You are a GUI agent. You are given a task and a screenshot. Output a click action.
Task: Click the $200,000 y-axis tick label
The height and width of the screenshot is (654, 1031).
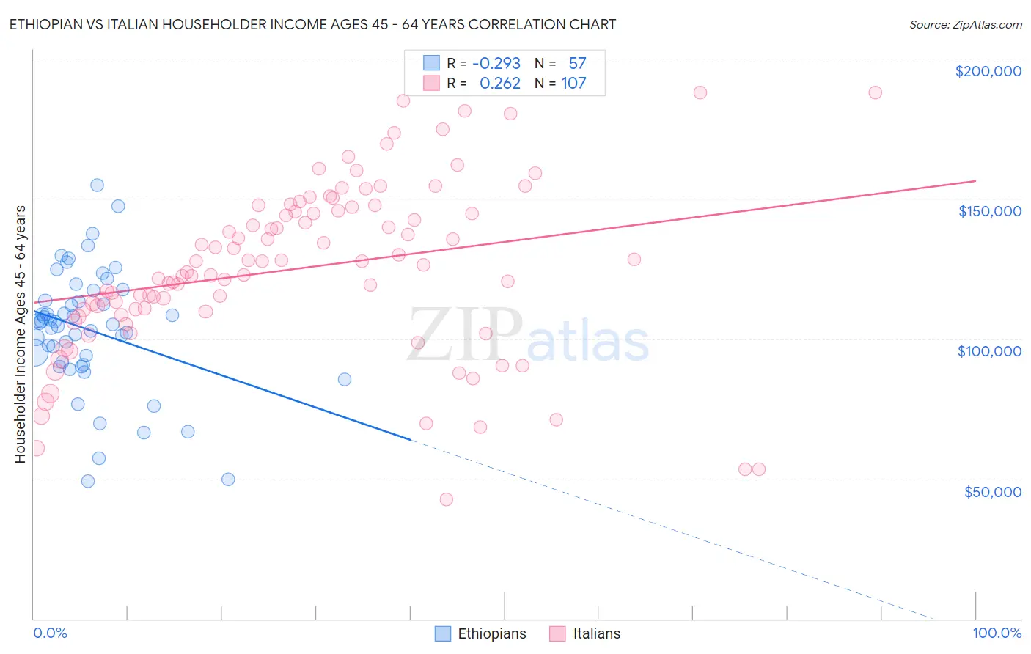pos(988,71)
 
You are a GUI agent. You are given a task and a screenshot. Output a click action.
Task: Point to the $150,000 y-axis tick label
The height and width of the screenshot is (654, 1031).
pos(989,211)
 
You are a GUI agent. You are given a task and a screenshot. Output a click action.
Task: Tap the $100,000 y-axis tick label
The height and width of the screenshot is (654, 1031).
pos(989,351)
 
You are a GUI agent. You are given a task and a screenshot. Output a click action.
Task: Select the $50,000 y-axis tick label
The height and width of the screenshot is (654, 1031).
pos(992,492)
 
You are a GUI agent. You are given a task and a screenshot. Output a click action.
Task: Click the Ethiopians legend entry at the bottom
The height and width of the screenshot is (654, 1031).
pos(480,634)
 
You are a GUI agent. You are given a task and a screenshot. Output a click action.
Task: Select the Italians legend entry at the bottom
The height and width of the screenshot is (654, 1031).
pos(585,634)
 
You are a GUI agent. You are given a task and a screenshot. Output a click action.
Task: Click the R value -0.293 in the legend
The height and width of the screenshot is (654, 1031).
pos(496,64)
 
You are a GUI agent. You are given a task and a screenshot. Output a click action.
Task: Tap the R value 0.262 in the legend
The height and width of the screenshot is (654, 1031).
pos(499,84)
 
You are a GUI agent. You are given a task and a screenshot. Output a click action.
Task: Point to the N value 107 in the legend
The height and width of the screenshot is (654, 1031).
pos(573,84)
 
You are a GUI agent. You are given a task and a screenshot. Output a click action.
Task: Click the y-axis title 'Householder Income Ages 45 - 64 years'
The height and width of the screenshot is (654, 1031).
pos(20,334)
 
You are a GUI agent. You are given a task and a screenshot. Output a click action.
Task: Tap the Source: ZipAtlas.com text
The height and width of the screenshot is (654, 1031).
pos(965,25)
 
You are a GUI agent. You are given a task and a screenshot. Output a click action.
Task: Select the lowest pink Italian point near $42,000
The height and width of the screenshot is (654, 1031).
pos(446,499)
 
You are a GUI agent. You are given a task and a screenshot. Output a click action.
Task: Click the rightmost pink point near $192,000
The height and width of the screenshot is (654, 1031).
pos(875,92)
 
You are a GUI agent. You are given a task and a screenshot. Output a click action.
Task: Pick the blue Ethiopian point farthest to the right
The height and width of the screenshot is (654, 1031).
pos(344,379)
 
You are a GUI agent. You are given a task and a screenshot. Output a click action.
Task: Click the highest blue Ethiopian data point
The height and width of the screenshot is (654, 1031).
pos(97,185)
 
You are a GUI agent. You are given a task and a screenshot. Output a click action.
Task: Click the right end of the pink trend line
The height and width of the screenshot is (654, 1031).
pos(975,180)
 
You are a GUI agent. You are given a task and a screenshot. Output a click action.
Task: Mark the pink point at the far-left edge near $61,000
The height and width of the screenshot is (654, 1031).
pos(35,448)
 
